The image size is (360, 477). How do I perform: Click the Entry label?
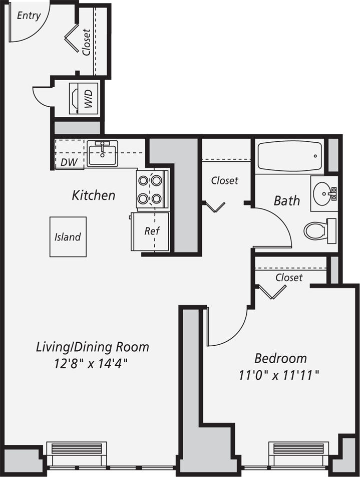pyautogui.click(x=29, y=16)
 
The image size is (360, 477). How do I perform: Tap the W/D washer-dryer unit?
pyautogui.click(x=84, y=98)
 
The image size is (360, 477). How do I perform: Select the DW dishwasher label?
pyautogui.click(x=69, y=162)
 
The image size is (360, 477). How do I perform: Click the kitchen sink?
pyautogui.click(x=102, y=153)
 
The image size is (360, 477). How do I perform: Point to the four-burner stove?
pyautogui.click(x=152, y=189)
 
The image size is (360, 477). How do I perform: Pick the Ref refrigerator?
pyautogui.click(x=150, y=231)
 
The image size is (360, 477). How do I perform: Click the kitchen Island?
pyautogui.click(x=68, y=236)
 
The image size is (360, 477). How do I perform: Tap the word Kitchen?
pyautogui.click(x=94, y=195)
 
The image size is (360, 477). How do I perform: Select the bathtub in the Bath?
pyautogui.click(x=289, y=155)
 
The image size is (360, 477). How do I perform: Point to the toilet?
pyautogui.click(x=320, y=230)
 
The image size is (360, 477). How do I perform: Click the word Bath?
pyautogui.click(x=287, y=201)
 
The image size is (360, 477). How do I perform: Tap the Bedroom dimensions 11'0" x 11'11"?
pyautogui.click(x=279, y=375)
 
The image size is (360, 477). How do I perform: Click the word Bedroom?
pyautogui.click(x=280, y=358)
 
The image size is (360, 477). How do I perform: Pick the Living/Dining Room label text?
pyautogui.click(x=93, y=347)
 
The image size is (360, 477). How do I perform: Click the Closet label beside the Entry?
pyautogui.click(x=86, y=42)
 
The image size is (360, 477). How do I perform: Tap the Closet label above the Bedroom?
pyautogui.click(x=289, y=278)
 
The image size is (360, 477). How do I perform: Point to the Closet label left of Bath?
pyautogui.click(x=225, y=180)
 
